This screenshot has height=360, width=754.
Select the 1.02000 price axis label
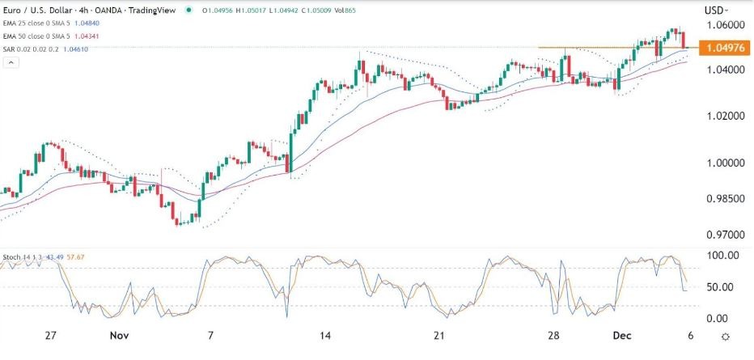click(x=722, y=116)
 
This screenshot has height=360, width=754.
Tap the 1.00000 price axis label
click(x=722, y=163)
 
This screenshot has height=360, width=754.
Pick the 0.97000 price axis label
click(x=722, y=235)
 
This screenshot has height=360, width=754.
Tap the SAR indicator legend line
click(x=49, y=49)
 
